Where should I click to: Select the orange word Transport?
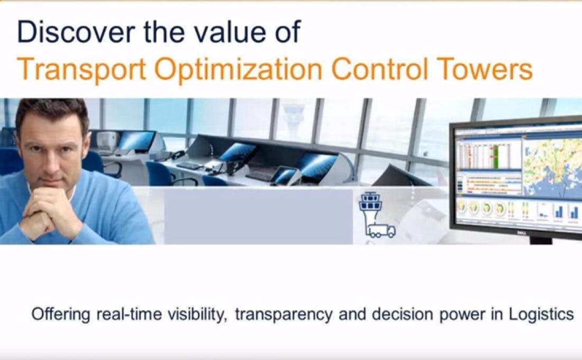81,69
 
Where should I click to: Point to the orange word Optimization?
238,69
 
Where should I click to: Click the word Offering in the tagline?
61,314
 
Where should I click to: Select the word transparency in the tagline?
284,315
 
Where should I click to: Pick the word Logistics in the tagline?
541,314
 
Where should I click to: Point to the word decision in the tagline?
402,314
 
